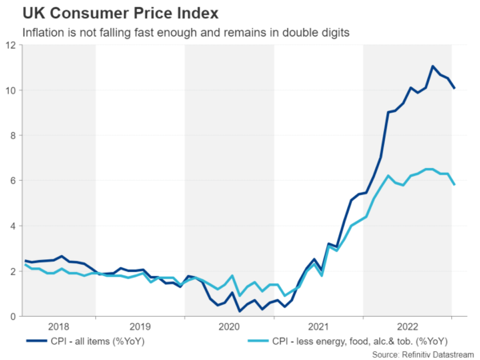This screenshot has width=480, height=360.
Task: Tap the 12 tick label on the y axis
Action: [10, 46]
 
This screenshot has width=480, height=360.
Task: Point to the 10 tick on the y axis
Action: [10, 90]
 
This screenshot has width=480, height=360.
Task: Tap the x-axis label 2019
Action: [139, 326]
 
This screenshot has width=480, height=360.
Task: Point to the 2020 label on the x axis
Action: [229, 326]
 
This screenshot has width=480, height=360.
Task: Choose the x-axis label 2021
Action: [318, 326]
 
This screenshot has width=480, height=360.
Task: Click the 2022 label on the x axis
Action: [407, 326]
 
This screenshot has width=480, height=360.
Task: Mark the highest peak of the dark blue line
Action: [433, 66]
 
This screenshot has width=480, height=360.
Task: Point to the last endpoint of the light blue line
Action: [454, 185]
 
